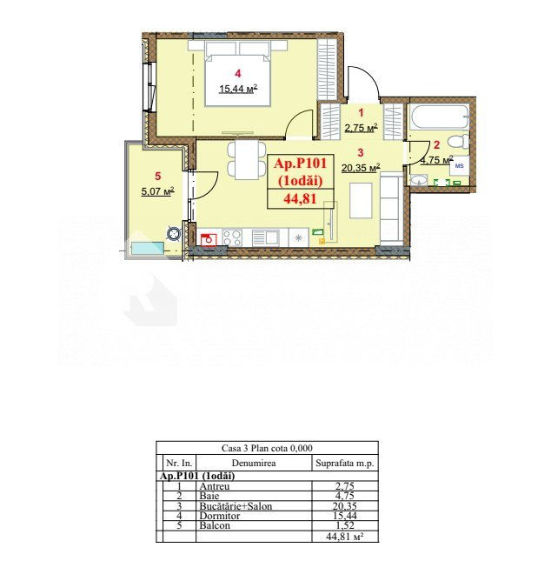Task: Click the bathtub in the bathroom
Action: pyautogui.click(x=441, y=117)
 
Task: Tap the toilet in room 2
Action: pyautogui.click(x=458, y=142)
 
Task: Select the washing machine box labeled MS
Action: pyautogui.click(x=460, y=165)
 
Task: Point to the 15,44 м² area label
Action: pyautogui.click(x=238, y=89)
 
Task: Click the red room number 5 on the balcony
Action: pyautogui.click(x=158, y=176)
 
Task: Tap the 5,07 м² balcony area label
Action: pyautogui.click(x=157, y=191)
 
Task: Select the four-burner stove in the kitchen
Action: pyautogui.click(x=232, y=237)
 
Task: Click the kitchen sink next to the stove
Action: pyautogui.click(x=265, y=238)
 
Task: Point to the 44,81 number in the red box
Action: pyautogui.click(x=300, y=199)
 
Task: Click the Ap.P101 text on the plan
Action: pyautogui.click(x=300, y=163)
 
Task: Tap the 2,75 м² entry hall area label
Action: pyautogui.click(x=361, y=128)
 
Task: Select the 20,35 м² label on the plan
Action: pyautogui.click(x=361, y=168)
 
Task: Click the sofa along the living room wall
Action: pyautogui.click(x=391, y=210)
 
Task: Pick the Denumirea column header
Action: pyautogui.click(x=254, y=464)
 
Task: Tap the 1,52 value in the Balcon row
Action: pyautogui.click(x=344, y=525)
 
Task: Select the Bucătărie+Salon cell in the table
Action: pyautogui.click(x=236, y=506)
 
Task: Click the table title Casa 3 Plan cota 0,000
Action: pyautogui.click(x=267, y=448)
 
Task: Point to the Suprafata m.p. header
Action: pyautogui.click(x=345, y=464)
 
